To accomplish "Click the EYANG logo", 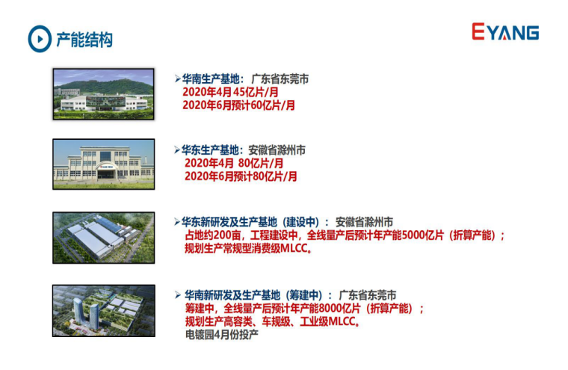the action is (505, 31).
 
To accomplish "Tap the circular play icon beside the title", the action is (40, 39).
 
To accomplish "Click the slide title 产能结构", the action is (84, 40).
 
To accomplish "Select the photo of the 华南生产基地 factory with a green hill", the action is (104, 94).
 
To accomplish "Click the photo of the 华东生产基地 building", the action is (104, 164).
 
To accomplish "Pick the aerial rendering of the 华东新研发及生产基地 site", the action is (104, 238).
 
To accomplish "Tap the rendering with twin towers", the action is (104, 311).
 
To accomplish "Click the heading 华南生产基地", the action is (211, 78).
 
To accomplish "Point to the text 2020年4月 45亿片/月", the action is (230, 92).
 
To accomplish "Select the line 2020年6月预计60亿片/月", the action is (238, 105).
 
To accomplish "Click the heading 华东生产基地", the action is (210, 149).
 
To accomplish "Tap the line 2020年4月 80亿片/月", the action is (234, 163).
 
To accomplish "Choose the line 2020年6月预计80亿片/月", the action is (241, 176).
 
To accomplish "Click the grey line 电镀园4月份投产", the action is (222, 334).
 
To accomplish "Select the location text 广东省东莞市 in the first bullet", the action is (280, 78).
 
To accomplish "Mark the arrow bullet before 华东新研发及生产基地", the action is (177, 222).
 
